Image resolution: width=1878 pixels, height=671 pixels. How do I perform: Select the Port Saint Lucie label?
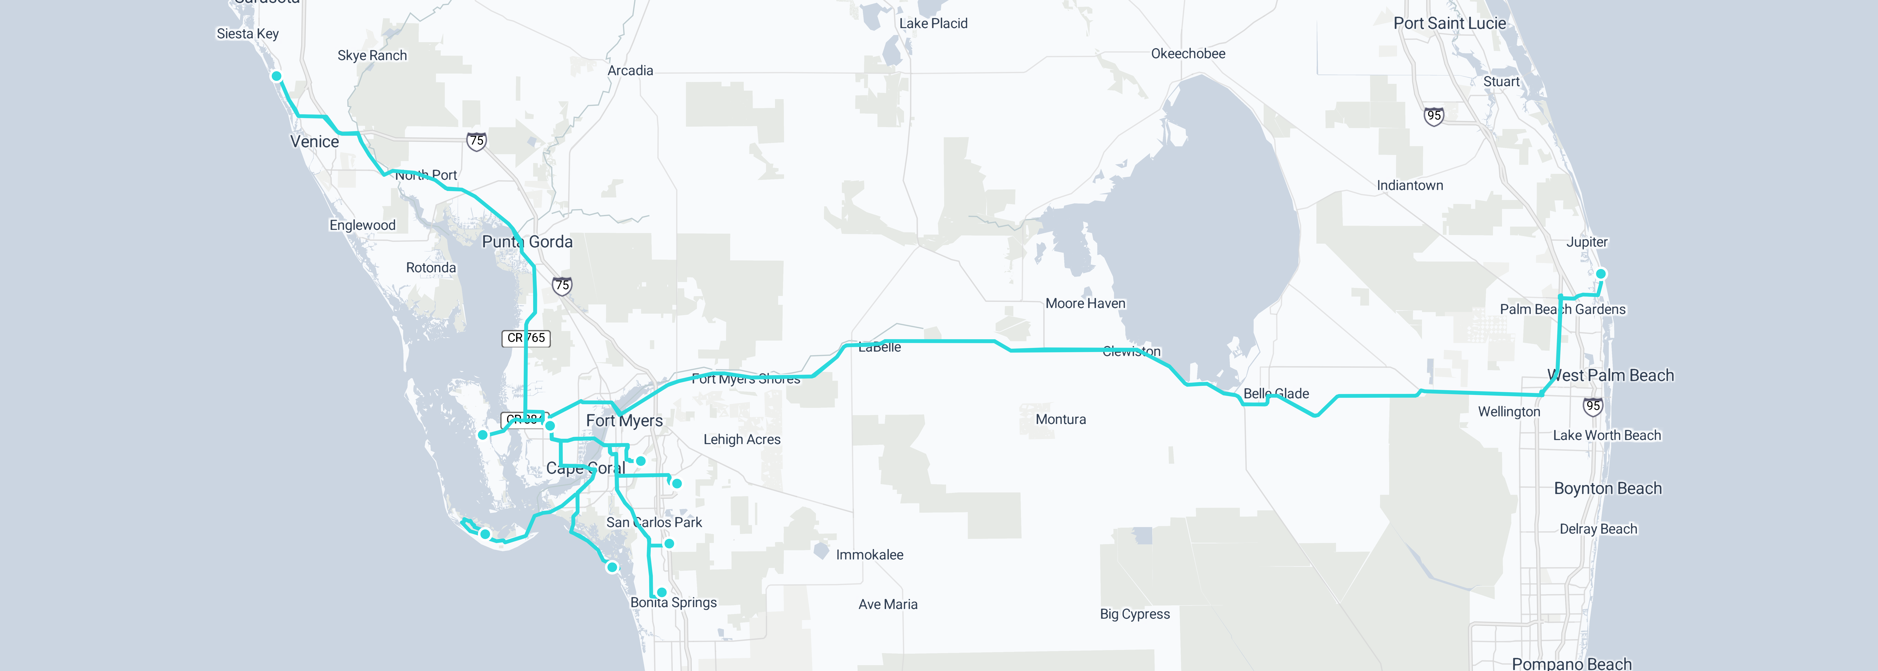tap(1449, 23)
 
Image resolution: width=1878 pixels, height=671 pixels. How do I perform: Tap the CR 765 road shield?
tap(526, 338)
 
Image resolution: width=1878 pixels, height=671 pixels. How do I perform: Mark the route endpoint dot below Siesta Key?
tap(276, 76)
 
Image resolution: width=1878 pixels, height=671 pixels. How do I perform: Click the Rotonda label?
tap(431, 268)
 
